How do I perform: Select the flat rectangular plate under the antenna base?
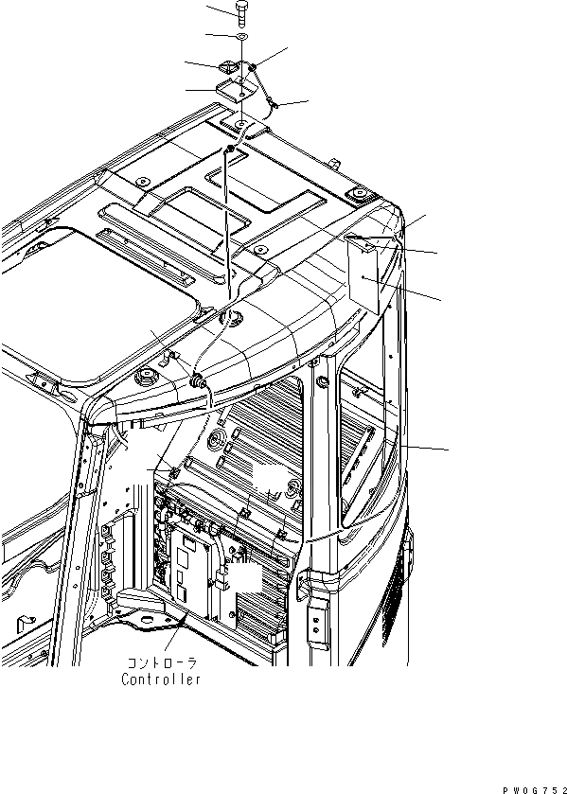point(236,90)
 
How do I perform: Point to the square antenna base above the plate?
point(232,69)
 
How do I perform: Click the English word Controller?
point(161,679)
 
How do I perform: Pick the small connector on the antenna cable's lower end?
point(273,103)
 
